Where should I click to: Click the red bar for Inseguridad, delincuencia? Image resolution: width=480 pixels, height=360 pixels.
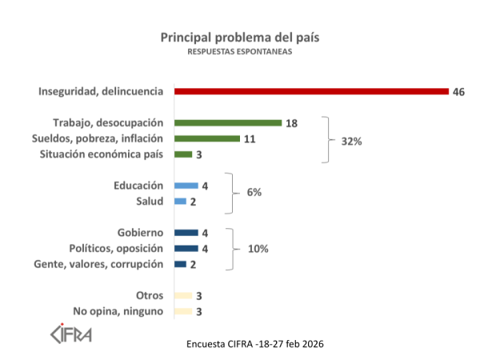click(310, 91)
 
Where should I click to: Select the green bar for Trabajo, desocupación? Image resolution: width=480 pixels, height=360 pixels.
click(227, 123)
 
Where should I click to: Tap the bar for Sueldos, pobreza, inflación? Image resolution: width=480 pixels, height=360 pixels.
click(206, 138)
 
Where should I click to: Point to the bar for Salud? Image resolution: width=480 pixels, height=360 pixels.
click(180, 201)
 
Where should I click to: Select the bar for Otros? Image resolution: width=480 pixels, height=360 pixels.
click(182, 296)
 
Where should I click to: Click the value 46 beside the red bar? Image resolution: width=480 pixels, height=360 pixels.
click(458, 91)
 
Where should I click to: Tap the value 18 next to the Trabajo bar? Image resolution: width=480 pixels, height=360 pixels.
click(291, 123)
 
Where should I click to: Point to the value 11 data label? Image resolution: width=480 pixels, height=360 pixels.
click(249, 138)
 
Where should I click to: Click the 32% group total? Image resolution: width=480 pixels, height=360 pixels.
click(351, 141)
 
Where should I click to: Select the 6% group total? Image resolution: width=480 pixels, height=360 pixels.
click(254, 193)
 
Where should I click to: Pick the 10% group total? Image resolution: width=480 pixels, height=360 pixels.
click(258, 249)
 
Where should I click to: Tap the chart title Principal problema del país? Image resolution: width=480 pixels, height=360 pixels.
click(240, 38)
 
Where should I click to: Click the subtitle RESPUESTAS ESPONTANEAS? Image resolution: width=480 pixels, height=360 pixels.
click(240, 52)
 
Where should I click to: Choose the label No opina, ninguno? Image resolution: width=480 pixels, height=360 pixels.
click(118, 311)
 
